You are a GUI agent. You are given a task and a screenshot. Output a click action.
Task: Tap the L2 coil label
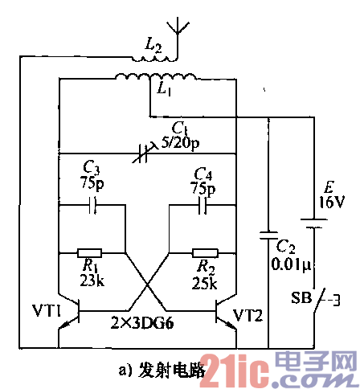coord(153,48)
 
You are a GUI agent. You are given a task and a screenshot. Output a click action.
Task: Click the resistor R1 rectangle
coord(91,251)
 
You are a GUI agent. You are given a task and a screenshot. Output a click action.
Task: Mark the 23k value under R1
coord(92,280)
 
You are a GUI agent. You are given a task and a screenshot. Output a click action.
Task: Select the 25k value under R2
coord(206,282)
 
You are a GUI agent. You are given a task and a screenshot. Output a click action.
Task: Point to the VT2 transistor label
coord(248,313)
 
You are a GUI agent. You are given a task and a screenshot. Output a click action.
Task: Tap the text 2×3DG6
coord(146,321)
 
